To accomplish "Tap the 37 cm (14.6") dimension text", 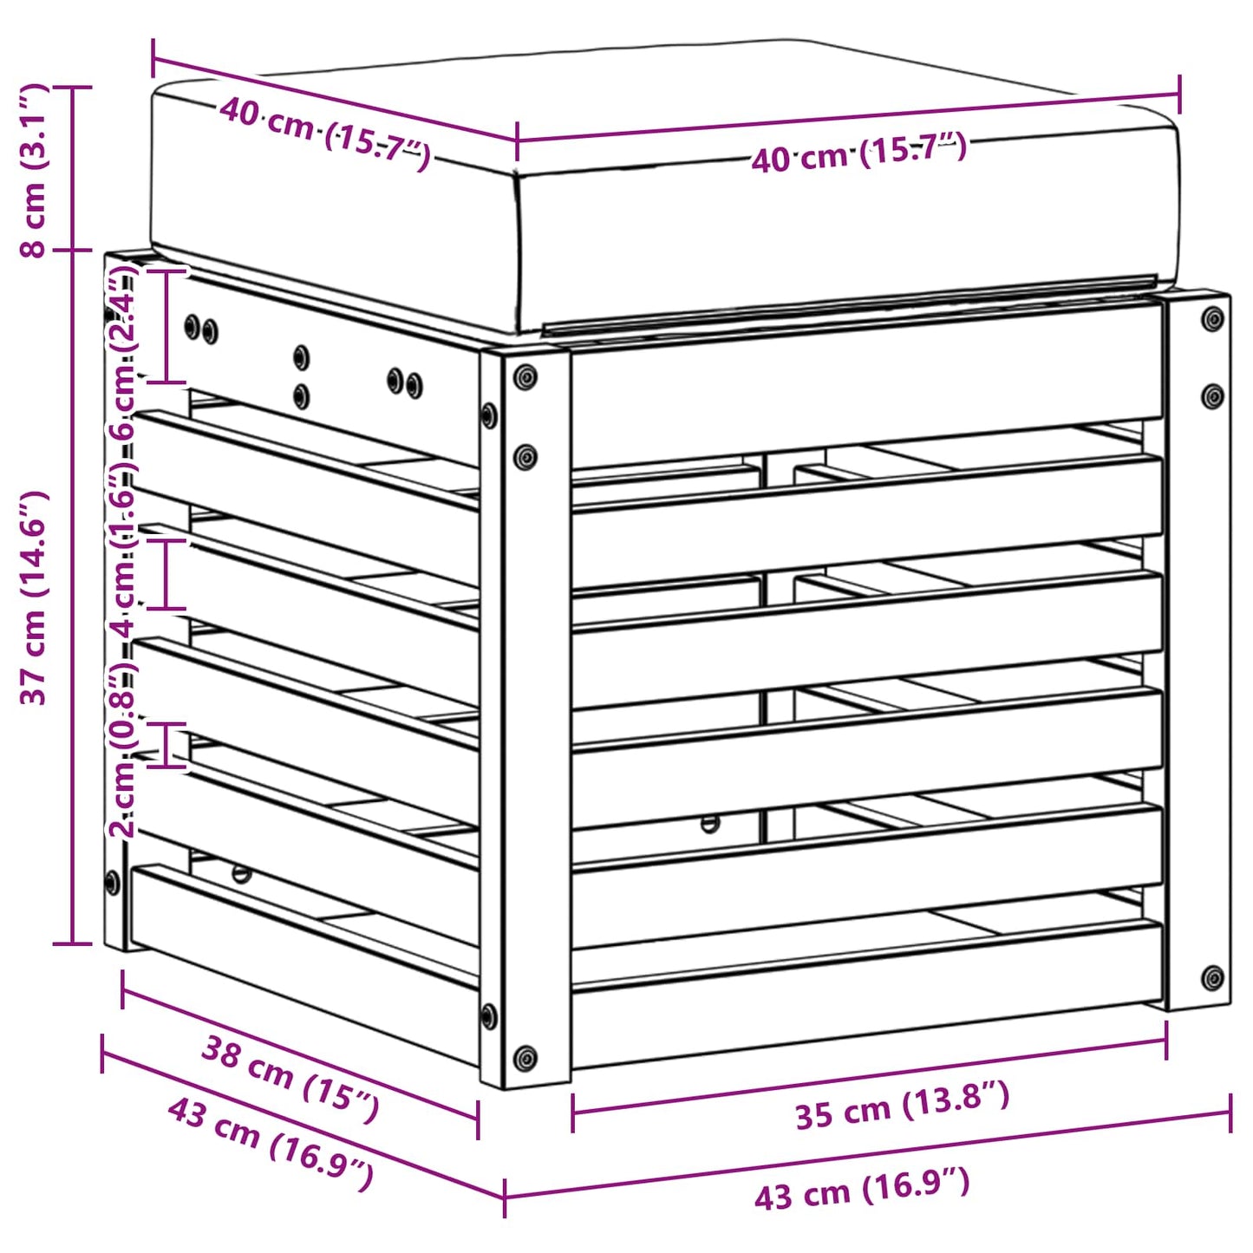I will coord(35,597).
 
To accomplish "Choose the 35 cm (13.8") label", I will coord(902,1105).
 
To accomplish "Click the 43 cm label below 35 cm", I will coord(861,1189).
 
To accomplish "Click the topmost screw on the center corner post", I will coord(525,377).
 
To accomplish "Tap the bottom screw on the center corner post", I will coord(525,1057).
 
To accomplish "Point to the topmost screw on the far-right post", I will coord(1212,319).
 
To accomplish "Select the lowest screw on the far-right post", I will coord(1212,978).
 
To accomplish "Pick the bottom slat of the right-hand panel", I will coord(867,997).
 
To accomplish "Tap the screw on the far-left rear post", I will coord(112,883).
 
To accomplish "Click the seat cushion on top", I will coord(659,208).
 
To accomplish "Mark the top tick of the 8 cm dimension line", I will coord(73,88).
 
